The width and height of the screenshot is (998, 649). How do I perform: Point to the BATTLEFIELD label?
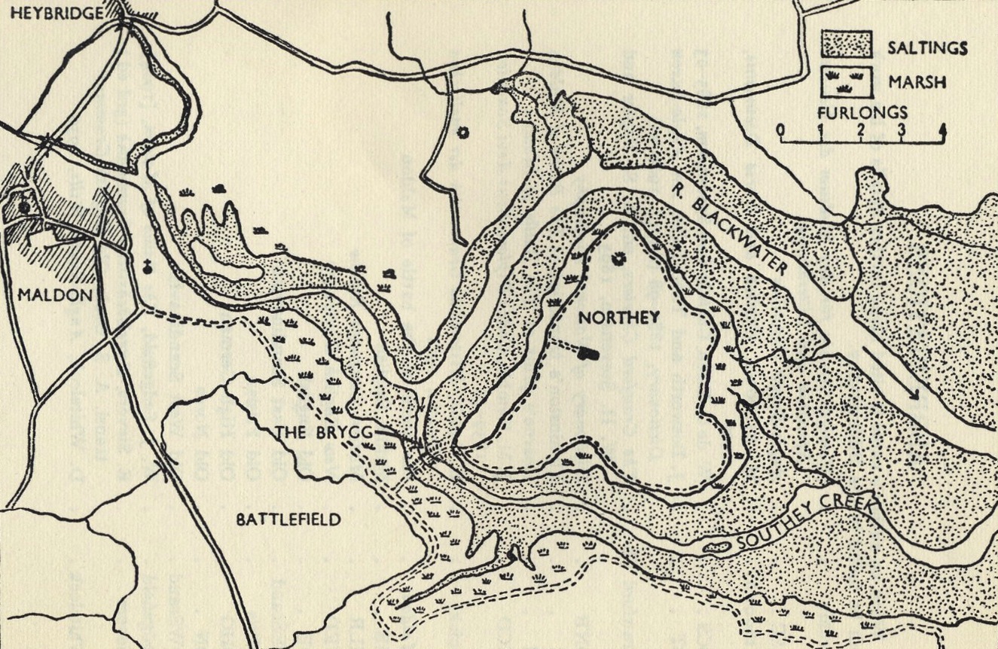click(x=288, y=519)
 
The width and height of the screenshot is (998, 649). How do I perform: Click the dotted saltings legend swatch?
click(x=846, y=44)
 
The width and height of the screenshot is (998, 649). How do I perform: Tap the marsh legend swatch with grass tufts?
click(x=846, y=81)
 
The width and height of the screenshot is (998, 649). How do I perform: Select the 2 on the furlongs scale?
click(x=860, y=129)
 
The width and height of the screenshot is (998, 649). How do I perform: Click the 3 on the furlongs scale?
click(x=901, y=129)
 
